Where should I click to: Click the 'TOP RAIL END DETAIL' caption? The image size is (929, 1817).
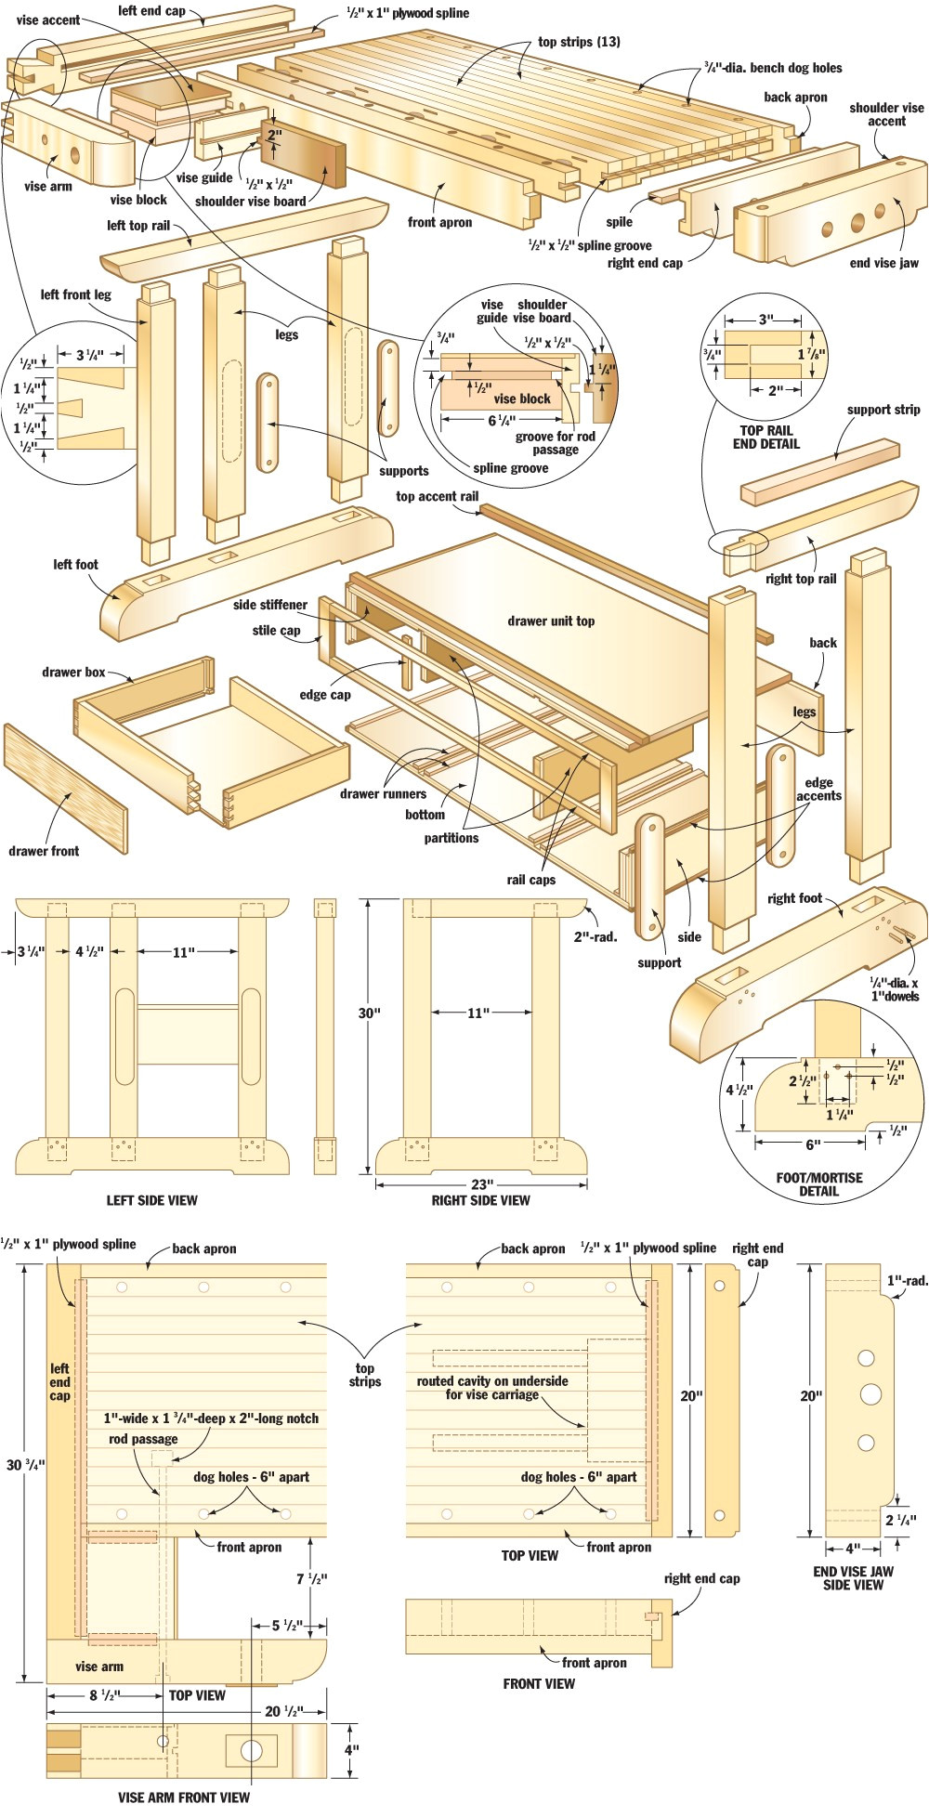click(765, 437)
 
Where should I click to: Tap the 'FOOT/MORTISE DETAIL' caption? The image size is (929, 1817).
click(818, 1183)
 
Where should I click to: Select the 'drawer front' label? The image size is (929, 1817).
click(44, 850)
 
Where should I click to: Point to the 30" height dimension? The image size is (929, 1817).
click(369, 1013)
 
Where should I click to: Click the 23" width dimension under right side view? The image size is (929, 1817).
click(481, 1183)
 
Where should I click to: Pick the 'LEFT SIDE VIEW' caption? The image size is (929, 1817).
click(151, 1200)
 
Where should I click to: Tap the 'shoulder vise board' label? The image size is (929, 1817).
click(250, 201)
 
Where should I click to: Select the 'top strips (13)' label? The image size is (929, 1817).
click(579, 42)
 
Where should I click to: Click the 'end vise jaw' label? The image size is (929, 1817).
click(883, 263)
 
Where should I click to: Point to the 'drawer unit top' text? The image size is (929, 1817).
click(551, 621)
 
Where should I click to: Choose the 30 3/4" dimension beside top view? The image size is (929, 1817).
click(25, 1464)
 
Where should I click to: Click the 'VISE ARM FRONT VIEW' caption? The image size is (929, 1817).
click(183, 1797)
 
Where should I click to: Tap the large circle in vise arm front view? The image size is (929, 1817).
click(252, 1751)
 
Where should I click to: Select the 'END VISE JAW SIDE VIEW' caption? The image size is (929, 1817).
click(853, 1577)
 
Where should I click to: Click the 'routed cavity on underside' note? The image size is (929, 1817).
click(492, 1388)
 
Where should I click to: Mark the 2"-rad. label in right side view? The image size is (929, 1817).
click(595, 936)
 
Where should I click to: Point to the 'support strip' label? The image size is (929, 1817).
click(883, 410)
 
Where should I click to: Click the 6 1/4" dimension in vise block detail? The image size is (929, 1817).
click(502, 421)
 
